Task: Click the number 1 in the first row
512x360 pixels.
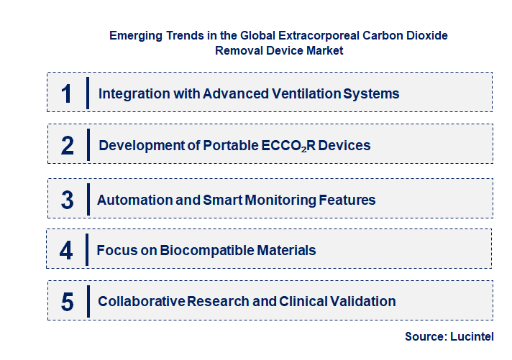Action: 67,93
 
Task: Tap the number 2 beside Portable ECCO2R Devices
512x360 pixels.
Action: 68,145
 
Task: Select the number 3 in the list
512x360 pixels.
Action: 67,200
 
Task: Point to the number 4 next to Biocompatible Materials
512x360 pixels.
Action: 66,250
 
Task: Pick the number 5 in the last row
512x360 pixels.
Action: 67,302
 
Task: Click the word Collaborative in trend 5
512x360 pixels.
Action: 141,301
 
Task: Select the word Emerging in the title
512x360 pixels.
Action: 134,35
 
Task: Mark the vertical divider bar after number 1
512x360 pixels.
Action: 87,93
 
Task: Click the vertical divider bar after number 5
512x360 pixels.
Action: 87,301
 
